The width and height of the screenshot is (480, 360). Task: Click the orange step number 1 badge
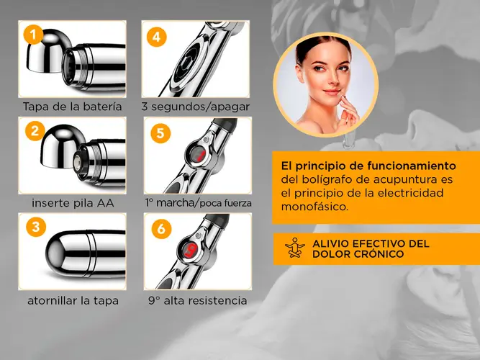33,35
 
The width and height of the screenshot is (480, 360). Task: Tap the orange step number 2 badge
35,131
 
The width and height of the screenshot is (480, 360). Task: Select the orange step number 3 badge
36,227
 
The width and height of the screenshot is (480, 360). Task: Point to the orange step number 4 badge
156,37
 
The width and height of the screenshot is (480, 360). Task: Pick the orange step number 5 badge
160,133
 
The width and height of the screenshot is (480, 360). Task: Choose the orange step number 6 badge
161,229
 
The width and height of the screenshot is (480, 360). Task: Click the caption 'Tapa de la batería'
72,107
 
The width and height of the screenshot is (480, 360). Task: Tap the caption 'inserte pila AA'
73,203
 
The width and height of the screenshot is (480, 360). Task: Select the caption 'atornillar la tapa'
73,300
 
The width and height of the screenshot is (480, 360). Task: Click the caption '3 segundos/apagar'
196,107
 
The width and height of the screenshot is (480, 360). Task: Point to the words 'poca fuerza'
226,204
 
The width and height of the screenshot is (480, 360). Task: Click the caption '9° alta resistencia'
198,300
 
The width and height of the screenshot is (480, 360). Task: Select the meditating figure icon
295,248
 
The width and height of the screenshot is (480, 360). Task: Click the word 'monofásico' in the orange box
315,207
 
